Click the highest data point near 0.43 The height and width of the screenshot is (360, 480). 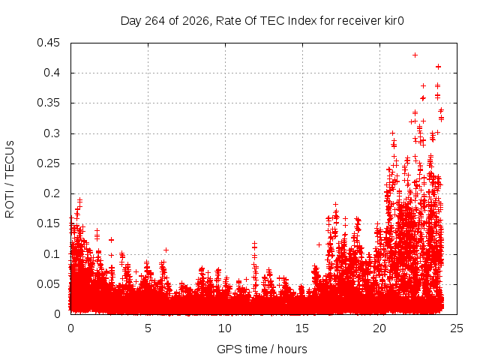[415, 55]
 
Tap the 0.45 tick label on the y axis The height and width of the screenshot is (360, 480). [48, 43]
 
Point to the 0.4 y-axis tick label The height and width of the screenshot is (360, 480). [52, 73]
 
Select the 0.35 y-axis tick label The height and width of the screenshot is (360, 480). [48, 103]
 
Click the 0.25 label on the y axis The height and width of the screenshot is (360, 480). [48, 163]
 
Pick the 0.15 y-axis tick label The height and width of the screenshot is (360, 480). [48, 223]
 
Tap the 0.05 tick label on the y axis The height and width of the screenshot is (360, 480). [48, 284]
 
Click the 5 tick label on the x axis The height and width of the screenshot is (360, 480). [148, 328]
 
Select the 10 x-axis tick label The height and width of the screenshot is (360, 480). [225, 328]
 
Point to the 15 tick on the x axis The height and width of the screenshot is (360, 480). [302, 328]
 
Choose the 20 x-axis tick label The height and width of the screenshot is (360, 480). [379, 328]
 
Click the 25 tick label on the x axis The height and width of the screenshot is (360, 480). [457, 328]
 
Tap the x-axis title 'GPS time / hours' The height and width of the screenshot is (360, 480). [262, 349]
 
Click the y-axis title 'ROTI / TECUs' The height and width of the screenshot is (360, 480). [10, 179]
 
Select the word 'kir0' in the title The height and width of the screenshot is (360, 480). [393, 21]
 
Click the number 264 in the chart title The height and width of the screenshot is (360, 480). [155, 21]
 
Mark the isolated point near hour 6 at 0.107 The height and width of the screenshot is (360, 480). [166, 250]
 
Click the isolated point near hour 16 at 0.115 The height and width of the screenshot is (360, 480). [319, 245]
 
